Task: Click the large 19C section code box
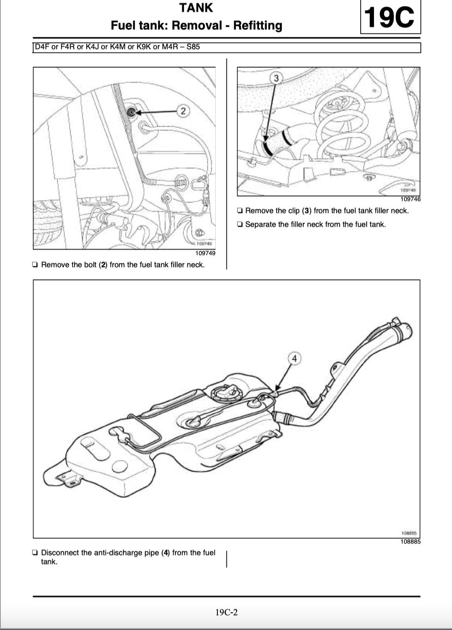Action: (x=390, y=18)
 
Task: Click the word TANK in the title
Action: (x=196, y=8)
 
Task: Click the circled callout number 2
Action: (x=183, y=111)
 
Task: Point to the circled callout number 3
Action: (x=276, y=78)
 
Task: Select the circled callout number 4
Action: (x=294, y=358)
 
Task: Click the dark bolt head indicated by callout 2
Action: (x=131, y=112)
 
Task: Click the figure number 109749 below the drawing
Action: (x=205, y=253)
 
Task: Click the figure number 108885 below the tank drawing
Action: (x=410, y=542)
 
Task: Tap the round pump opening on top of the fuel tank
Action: (x=224, y=392)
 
